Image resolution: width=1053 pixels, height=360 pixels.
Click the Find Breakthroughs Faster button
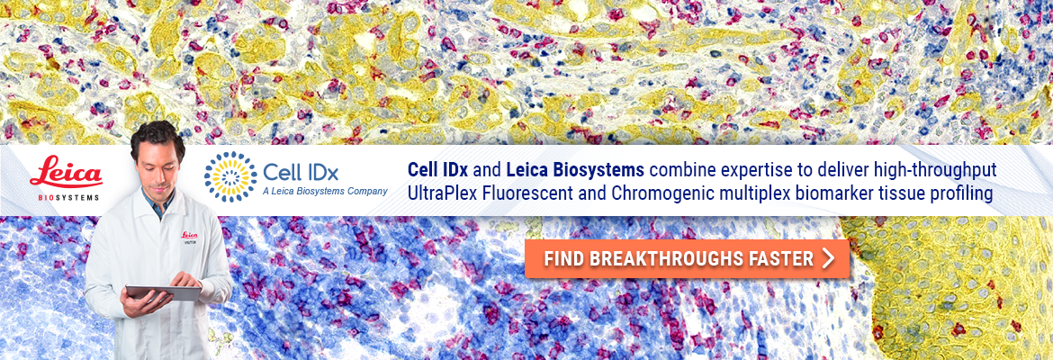pos(687,258)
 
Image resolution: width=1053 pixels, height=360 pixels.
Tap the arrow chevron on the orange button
pos(828,258)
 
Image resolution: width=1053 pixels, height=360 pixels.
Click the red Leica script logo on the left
pos(66,173)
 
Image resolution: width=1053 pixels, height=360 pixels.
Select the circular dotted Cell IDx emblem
pos(230,176)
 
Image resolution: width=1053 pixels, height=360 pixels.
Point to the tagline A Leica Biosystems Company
pos(325,192)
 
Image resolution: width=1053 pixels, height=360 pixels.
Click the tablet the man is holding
pos(163,292)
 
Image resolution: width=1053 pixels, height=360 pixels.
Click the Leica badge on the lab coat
pos(189,237)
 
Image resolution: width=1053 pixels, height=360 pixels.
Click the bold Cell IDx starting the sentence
pos(438,171)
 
